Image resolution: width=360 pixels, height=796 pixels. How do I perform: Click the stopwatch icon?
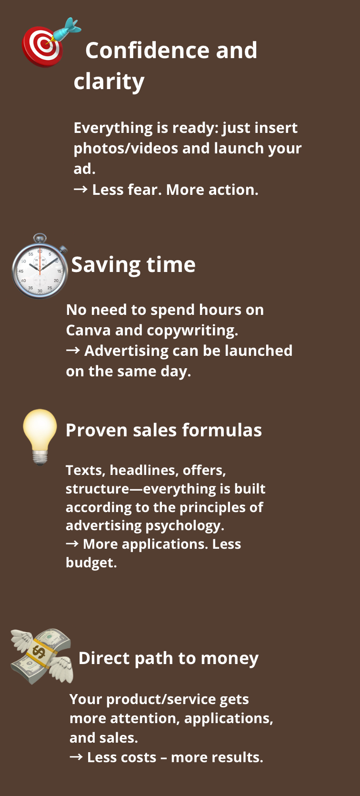tap(40, 266)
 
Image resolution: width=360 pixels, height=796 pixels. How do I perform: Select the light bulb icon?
tap(40, 437)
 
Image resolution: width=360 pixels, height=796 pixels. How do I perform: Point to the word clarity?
tap(109, 82)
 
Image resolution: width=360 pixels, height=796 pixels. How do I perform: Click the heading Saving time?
tap(133, 265)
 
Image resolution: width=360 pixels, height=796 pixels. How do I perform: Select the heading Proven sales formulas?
tap(164, 430)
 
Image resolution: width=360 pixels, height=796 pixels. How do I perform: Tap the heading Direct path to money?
tap(169, 658)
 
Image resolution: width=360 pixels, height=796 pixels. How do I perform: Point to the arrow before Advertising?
tap(73, 351)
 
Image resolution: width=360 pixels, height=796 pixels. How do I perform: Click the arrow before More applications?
tap(72, 544)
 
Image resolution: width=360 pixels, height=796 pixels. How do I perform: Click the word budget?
tap(91, 563)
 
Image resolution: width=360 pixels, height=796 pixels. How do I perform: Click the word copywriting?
tap(192, 331)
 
